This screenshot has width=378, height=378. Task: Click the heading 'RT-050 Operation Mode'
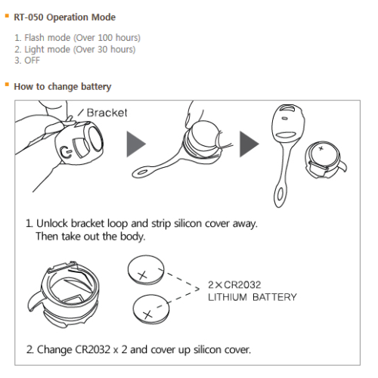coord(64,17)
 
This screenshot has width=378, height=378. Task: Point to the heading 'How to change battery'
coord(63,87)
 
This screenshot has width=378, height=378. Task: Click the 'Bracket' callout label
coord(107,113)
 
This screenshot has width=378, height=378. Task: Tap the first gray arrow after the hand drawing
coord(136,144)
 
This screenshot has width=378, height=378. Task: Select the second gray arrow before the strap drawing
coord(249,144)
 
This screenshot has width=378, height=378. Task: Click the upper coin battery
coord(146,270)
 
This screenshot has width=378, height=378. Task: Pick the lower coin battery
coord(151,309)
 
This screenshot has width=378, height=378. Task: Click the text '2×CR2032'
coord(234,285)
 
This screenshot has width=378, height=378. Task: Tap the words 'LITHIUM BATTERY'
coord(253,297)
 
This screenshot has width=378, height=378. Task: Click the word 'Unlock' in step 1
coord(52,223)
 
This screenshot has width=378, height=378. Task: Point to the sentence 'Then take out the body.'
coord(91,237)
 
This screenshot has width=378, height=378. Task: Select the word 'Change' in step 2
coord(54,350)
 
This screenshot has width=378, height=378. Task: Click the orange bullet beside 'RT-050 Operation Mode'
coord(7,16)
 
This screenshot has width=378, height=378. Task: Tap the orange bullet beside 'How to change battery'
coord(7,85)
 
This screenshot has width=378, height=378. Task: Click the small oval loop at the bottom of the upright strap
coord(280,195)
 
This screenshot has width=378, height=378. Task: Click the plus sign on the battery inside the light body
coord(321,148)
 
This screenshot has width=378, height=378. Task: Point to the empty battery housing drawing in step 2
coord(63,294)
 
